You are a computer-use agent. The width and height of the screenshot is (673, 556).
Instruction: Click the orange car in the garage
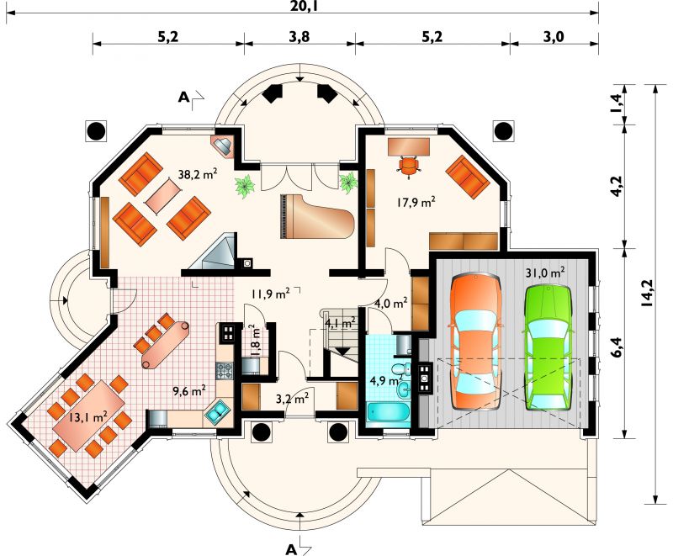(x=475, y=342)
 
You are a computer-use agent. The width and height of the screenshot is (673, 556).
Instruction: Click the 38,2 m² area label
(x=198, y=174)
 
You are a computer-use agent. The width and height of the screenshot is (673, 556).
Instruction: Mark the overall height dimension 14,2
(x=646, y=293)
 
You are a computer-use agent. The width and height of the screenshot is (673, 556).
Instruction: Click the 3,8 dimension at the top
(x=299, y=37)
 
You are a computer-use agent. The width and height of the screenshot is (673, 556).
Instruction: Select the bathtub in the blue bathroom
(x=388, y=413)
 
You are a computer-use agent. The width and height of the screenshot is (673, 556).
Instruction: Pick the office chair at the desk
(x=409, y=166)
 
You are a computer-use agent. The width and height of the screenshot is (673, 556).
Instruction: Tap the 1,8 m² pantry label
(x=255, y=340)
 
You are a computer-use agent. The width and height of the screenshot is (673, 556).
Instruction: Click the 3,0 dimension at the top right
(x=554, y=37)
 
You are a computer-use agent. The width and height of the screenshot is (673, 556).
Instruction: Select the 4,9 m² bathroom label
(x=386, y=380)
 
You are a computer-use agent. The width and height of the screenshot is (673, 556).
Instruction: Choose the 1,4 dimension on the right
(x=616, y=103)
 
